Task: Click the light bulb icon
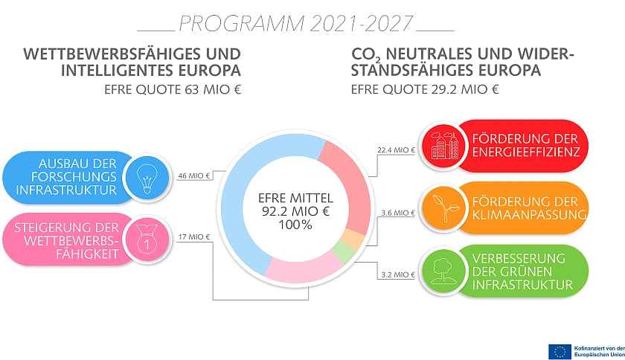(x=144, y=177)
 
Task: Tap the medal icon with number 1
(x=144, y=239)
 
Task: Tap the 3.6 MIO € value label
(x=397, y=213)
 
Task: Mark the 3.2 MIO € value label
(x=397, y=274)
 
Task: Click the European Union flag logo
(x=559, y=350)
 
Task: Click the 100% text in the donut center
(x=296, y=224)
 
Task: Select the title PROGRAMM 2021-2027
(x=295, y=24)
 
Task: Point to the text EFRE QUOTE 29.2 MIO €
(x=426, y=91)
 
